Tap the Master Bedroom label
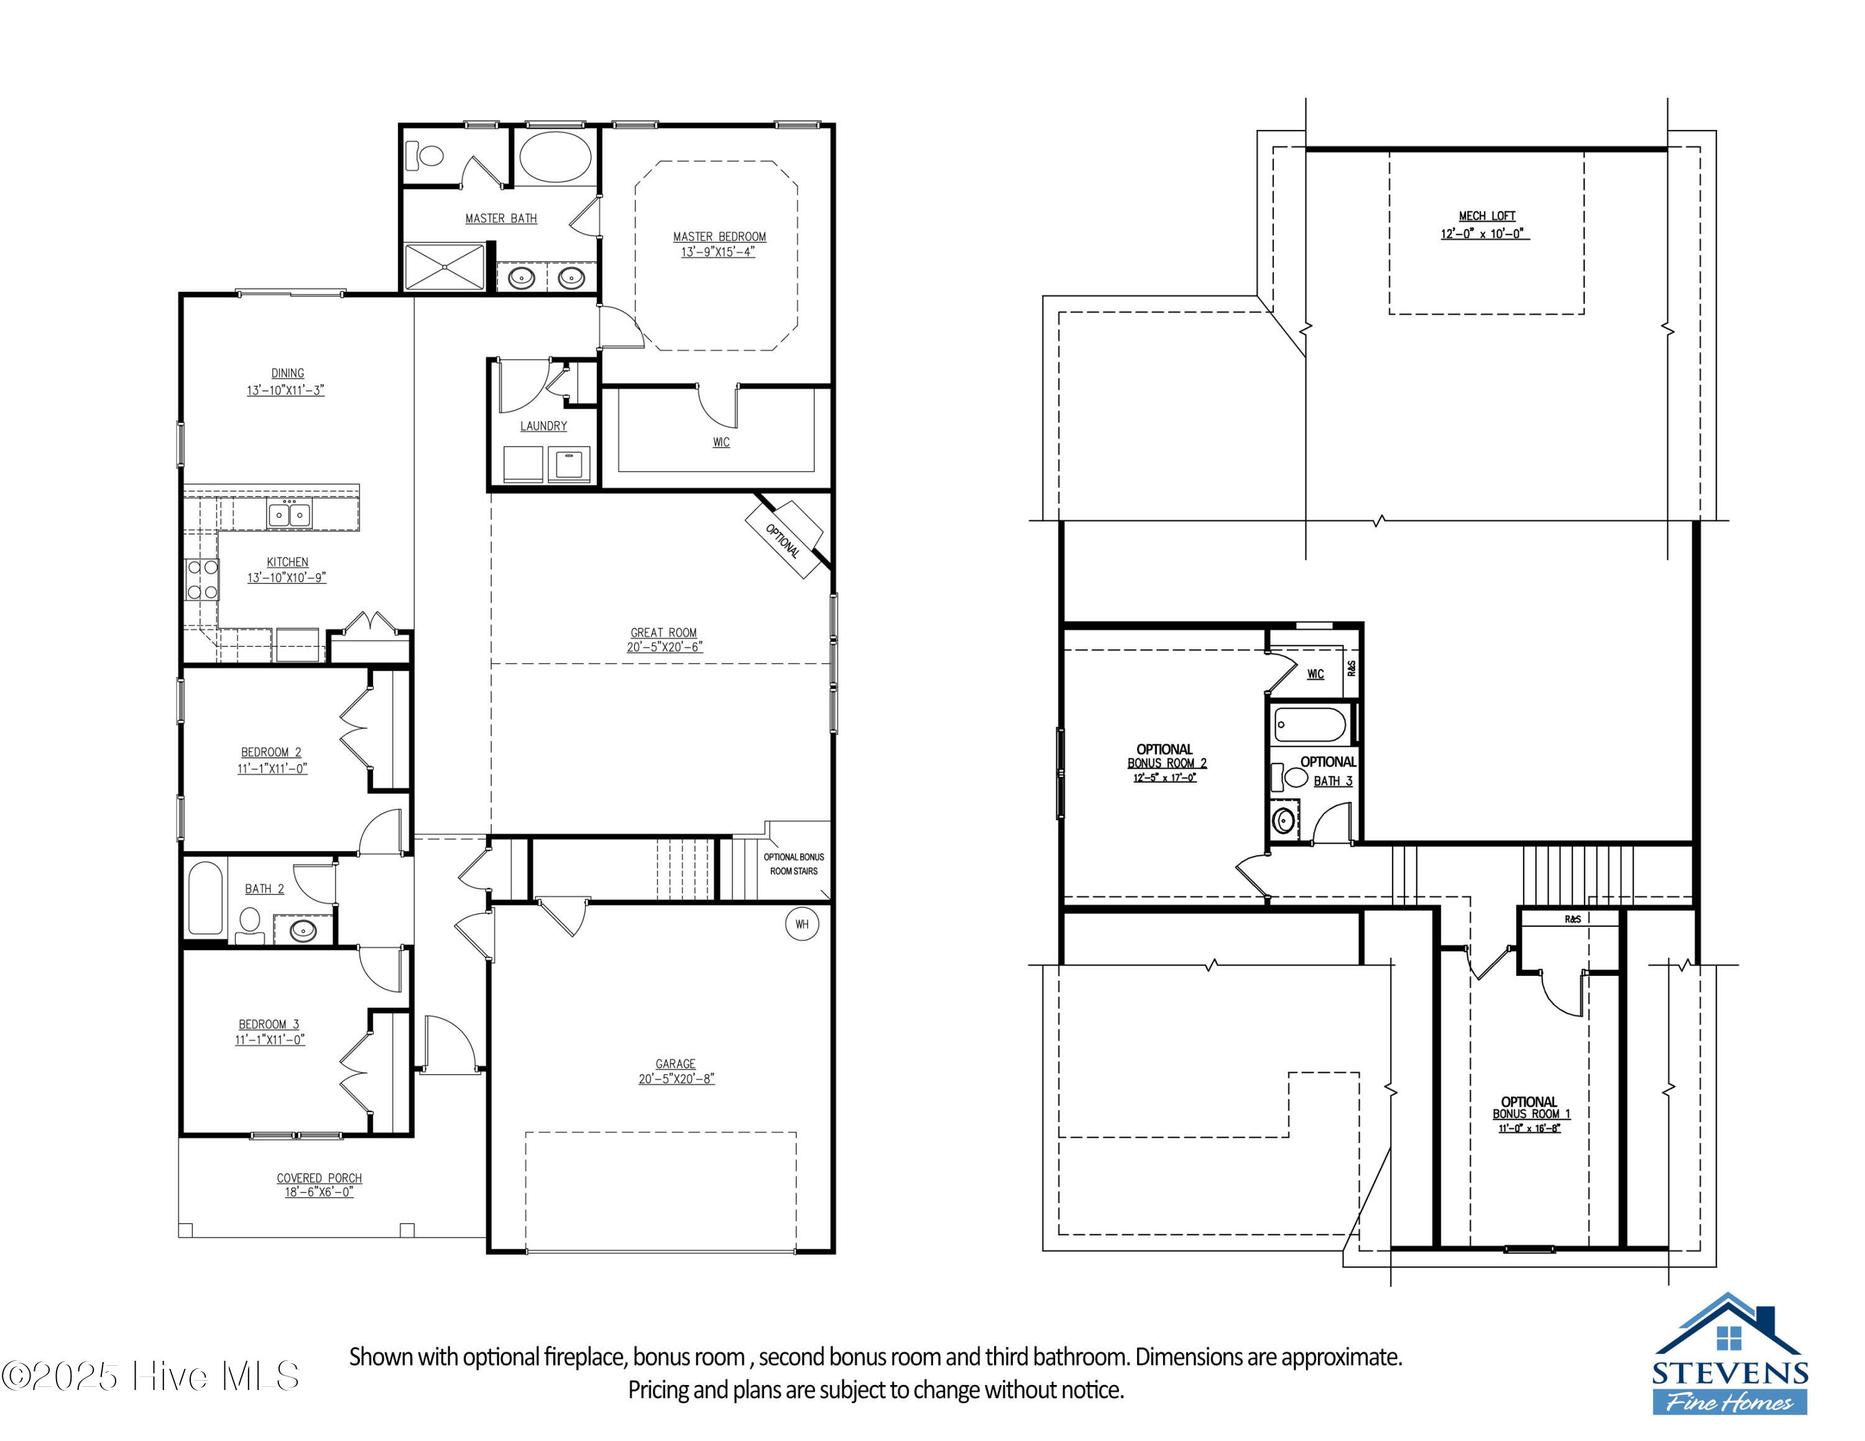coord(719,236)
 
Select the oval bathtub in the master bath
coord(555,156)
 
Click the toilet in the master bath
coord(425,155)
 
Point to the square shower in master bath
coord(444,267)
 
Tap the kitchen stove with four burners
coord(203,579)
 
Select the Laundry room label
coord(543,426)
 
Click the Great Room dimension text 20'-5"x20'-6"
coord(665,647)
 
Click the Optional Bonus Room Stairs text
coord(793,864)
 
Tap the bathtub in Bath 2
coord(205,898)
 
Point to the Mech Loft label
coord(1486,216)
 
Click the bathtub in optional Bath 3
coord(1310,725)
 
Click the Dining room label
coord(288,373)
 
